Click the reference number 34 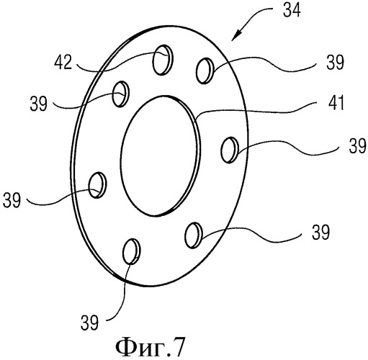point(292,11)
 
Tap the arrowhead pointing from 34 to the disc point(236,36)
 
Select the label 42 point(63,63)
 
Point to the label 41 point(336,103)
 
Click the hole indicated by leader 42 point(163,60)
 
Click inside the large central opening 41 point(160,156)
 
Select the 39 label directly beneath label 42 point(38,104)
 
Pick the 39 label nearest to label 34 point(335,63)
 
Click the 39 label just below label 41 point(358,146)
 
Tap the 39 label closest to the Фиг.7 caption point(89,323)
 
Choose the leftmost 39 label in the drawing point(12,200)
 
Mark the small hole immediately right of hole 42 point(205,71)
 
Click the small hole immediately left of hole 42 point(121,94)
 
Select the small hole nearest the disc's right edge point(229,150)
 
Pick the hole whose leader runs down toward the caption point(132,251)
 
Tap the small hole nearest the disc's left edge point(97,185)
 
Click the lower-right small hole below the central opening point(194,235)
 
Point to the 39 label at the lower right point(320,233)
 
